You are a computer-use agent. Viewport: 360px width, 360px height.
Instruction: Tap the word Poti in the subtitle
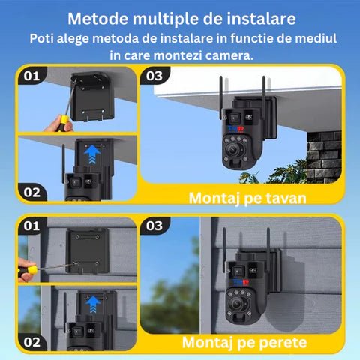point(45,37)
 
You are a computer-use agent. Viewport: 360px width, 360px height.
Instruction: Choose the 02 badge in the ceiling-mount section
point(31,191)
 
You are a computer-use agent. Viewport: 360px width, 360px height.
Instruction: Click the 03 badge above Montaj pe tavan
point(154,76)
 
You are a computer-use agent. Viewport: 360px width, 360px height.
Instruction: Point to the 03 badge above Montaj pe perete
point(154,225)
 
